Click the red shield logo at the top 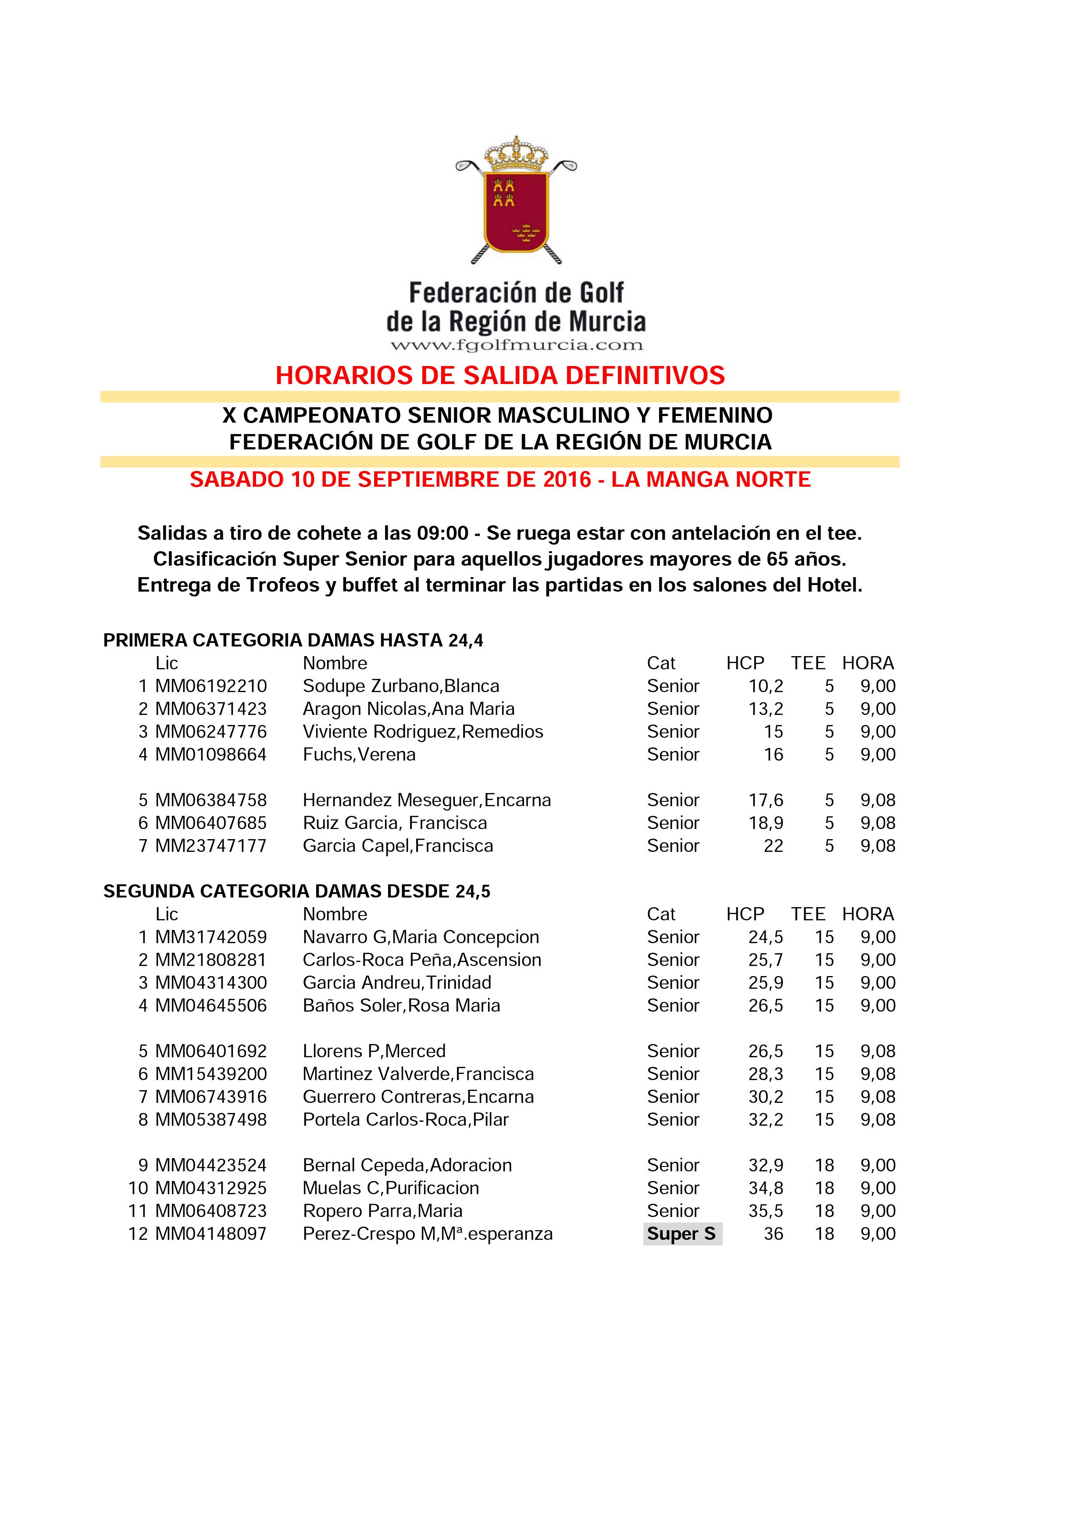tap(516, 211)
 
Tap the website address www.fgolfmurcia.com tap(516, 345)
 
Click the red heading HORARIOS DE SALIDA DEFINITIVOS tap(500, 376)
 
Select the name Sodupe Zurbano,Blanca tap(401, 686)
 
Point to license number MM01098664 tap(211, 754)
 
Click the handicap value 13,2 tap(766, 709)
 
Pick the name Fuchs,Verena tap(359, 754)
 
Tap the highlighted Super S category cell tap(682, 1234)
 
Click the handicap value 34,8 tap(766, 1188)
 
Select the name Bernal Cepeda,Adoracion tap(407, 1165)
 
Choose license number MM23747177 tap(211, 846)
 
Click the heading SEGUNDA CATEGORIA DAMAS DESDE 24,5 tap(297, 891)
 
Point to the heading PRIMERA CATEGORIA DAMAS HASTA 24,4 tap(293, 641)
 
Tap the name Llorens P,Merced tap(374, 1051)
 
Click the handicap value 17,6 tap(766, 800)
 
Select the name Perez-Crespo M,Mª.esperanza tap(428, 1234)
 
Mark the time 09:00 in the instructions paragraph tap(442, 533)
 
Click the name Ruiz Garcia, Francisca tap(395, 823)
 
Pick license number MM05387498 tap(211, 1120)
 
